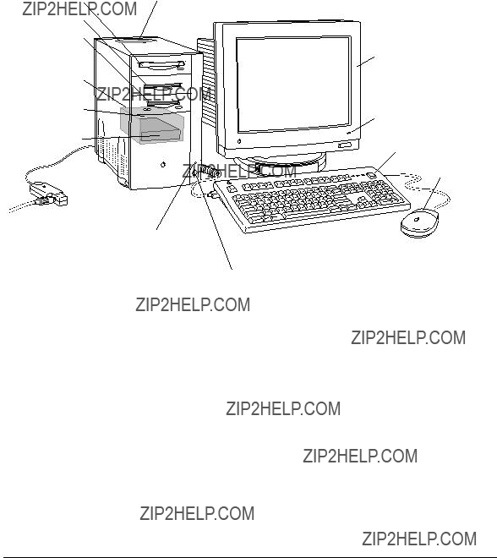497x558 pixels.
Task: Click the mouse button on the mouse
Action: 417,219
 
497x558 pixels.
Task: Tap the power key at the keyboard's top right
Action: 371,175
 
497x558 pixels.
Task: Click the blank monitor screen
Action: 293,84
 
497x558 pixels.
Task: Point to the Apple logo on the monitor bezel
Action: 238,141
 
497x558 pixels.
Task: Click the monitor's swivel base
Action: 281,164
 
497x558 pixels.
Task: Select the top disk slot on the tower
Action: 162,65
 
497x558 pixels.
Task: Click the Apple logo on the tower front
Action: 163,164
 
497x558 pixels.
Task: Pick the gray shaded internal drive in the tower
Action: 152,125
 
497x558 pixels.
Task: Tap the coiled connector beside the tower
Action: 210,171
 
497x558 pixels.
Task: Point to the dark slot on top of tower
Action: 133,41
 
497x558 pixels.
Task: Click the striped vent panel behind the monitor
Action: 207,81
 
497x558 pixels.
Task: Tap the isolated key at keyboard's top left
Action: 232,188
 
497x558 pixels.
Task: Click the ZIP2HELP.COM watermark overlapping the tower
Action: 154,94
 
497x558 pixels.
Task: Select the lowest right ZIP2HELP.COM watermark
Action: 419,539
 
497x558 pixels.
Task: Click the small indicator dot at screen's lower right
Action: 348,133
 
